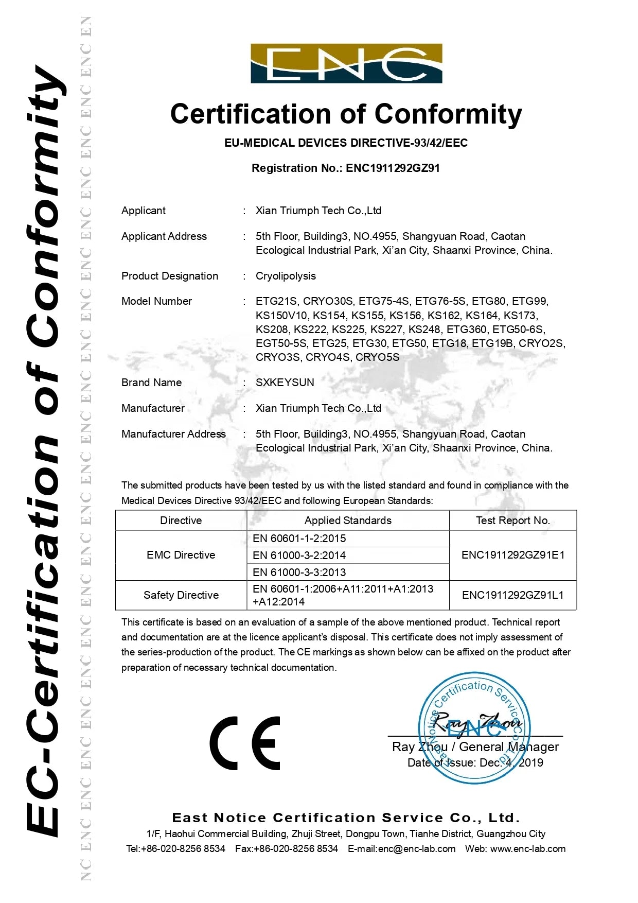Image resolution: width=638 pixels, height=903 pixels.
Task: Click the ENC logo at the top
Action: pyautogui.click(x=346, y=63)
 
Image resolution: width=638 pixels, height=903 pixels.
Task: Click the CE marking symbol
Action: pyautogui.click(x=245, y=743)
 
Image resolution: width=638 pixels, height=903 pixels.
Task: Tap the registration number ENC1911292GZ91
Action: pyautogui.click(x=393, y=168)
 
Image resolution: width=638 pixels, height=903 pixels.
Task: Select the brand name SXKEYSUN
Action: pyautogui.click(x=285, y=383)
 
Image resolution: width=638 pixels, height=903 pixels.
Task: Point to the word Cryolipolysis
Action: pyautogui.click(x=286, y=276)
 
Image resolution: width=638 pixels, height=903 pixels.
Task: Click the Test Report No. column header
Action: pyautogui.click(x=512, y=520)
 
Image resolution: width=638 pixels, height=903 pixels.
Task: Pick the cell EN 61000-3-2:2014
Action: pyautogui.click(x=299, y=555)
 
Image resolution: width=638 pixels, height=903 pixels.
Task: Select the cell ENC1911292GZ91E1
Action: pyautogui.click(x=512, y=555)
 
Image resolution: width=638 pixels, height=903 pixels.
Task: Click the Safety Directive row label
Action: pyautogui.click(x=181, y=595)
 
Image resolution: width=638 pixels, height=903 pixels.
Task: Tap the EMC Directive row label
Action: pyautogui.click(x=181, y=555)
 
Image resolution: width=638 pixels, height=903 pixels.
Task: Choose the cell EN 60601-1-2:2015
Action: pyautogui.click(x=299, y=539)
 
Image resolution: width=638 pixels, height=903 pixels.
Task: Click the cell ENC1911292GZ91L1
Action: pyautogui.click(x=512, y=595)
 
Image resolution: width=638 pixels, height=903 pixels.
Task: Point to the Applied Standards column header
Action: pyautogui.click(x=348, y=520)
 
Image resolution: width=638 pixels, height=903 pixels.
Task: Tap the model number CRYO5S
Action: pyautogui.click(x=377, y=357)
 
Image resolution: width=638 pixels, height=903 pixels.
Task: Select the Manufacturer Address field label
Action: pyautogui.click(x=173, y=434)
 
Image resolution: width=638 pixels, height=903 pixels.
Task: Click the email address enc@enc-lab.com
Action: pyautogui.click(x=417, y=849)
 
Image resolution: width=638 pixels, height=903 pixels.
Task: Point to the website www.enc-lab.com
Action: pyautogui.click(x=528, y=849)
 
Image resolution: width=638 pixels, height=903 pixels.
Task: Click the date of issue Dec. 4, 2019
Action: pyautogui.click(x=511, y=763)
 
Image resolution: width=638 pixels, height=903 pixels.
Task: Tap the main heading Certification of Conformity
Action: pyautogui.click(x=346, y=114)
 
